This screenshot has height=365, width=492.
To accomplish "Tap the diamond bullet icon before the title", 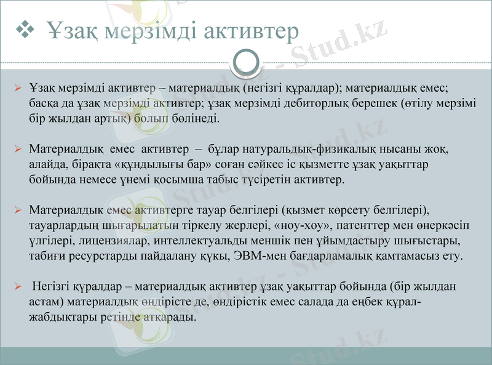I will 26,28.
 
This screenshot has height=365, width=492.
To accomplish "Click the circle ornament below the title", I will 246,62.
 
